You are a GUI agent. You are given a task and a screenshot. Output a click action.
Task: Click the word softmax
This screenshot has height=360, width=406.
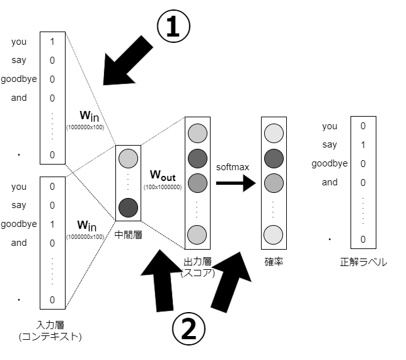click(233, 168)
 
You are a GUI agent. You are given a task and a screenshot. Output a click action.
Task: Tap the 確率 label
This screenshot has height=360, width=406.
click(274, 261)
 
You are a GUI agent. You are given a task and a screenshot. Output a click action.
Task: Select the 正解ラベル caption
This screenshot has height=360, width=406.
click(363, 261)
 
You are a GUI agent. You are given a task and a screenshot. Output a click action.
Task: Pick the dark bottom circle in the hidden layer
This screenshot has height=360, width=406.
click(128, 206)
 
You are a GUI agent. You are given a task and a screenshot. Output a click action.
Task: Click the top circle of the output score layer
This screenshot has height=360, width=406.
click(197, 133)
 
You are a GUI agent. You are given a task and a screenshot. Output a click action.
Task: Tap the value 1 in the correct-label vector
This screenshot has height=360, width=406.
click(363, 144)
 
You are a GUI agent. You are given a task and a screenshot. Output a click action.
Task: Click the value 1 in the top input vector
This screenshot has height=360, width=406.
click(52, 42)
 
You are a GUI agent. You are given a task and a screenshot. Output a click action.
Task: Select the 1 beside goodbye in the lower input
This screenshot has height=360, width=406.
click(52, 224)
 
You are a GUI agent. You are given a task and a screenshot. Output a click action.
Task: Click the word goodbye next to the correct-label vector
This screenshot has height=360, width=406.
click(328, 163)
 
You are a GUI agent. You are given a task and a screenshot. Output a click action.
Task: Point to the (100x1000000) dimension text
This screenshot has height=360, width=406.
click(163, 187)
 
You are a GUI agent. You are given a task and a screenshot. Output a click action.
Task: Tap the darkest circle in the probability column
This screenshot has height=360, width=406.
click(274, 157)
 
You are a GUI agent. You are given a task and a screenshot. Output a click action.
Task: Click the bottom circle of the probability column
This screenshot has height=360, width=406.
click(274, 233)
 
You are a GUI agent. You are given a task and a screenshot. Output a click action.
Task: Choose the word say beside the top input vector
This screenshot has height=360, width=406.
click(19, 61)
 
